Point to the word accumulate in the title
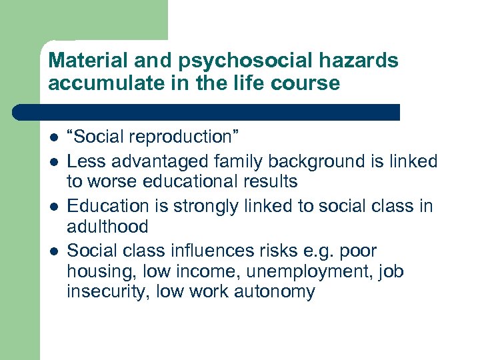[x=105, y=83]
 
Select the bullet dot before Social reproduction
[x=53, y=137]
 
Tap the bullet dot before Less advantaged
[x=53, y=162]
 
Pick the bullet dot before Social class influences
[x=53, y=252]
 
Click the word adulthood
[x=107, y=227]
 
